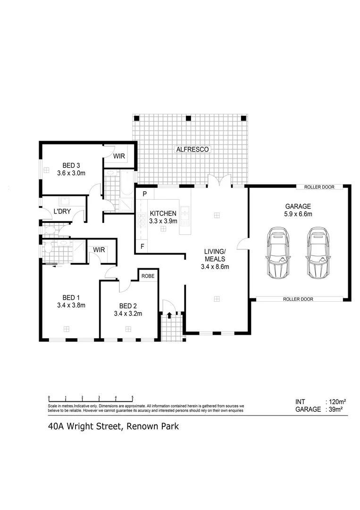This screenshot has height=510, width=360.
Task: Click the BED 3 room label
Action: (x=71, y=165)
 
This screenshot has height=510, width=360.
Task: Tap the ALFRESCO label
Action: (x=192, y=149)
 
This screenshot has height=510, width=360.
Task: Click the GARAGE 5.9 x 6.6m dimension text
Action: (x=298, y=214)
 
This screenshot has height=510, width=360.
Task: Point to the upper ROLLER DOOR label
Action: (x=319, y=187)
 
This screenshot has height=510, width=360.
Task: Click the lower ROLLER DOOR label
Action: (x=298, y=299)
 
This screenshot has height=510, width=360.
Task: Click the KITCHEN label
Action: (x=163, y=213)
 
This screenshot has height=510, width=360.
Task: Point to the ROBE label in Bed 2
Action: (x=148, y=275)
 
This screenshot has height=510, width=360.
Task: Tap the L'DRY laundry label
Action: (x=62, y=212)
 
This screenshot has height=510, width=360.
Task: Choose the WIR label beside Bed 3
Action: (x=119, y=156)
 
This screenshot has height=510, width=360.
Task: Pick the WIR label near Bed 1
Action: (x=99, y=249)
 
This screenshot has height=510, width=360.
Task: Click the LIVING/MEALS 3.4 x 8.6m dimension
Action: (x=213, y=267)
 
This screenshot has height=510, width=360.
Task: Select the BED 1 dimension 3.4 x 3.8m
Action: (x=71, y=305)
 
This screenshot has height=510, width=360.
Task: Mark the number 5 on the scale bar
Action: (x=133, y=398)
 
